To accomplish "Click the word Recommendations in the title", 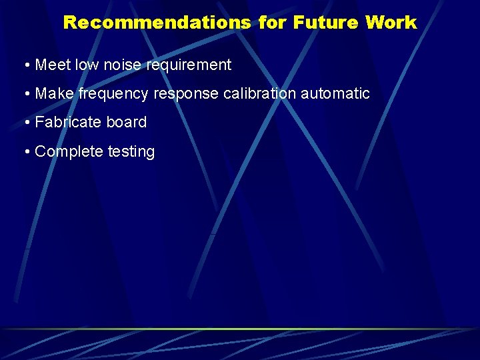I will [157, 23].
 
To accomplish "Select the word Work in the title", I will [391, 23].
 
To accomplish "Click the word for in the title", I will [272, 23].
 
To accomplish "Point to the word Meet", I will [53, 65].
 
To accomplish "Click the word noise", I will [124, 65].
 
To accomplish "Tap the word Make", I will [54, 94].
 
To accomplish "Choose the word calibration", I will [259, 94].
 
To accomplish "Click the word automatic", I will [335, 94].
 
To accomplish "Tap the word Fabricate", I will [68, 123].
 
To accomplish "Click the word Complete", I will [69, 152].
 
